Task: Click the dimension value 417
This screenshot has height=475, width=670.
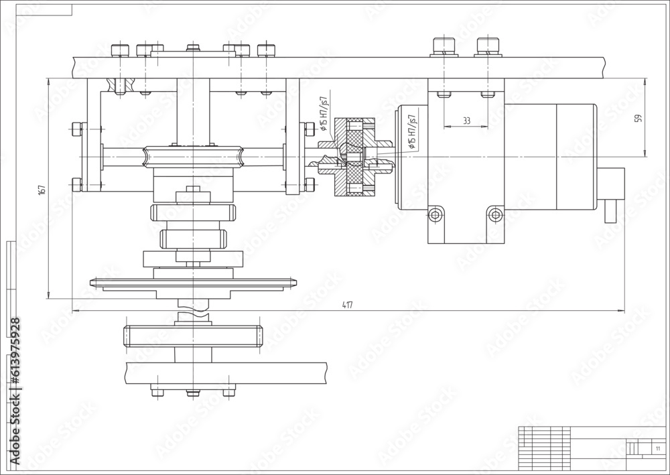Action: [347, 306]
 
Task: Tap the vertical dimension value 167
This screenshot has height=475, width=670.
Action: [42, 189]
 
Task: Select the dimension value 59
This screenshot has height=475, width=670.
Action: [638, 118]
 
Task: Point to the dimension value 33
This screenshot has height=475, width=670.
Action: [466, 121]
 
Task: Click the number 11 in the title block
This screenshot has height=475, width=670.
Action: [657, 448]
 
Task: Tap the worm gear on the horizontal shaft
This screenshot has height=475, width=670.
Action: [193, 157]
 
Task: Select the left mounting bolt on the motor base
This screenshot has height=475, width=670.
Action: [436, 214]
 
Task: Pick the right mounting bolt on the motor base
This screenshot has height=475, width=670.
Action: [495, 214]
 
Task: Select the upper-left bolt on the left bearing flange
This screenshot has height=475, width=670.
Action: [76, 129]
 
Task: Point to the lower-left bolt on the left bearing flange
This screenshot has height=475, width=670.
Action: [76, 184]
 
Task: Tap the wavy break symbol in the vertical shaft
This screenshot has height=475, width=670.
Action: [193, 311]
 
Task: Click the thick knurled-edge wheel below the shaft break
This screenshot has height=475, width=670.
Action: [192, 335]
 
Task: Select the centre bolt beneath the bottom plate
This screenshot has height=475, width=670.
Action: [193, 393]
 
